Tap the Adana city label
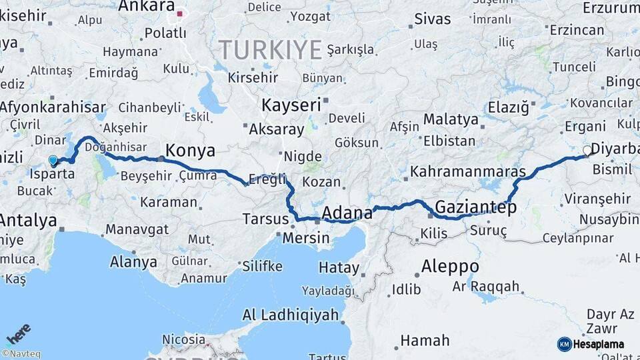(347, 213)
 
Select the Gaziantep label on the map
(475, 207)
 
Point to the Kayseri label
(291, 105)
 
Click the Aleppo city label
(450, 266)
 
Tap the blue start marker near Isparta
(53, 160)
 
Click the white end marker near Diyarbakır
(587, 151)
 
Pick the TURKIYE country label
(271, 49)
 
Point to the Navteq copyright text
(21, 354)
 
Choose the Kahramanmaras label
(468, 171)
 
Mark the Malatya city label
(451, 120)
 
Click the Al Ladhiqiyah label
(290, 315)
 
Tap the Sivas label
(433, 19)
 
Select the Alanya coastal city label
(133, 261)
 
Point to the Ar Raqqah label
(485, 286)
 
